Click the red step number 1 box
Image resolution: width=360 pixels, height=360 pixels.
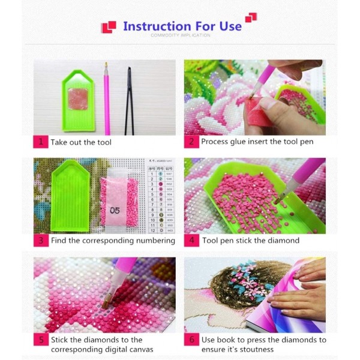[x=40, y=142]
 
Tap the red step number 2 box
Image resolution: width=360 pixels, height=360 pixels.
[x=191, y=142]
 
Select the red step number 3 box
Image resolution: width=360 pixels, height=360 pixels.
[x=40, y=240]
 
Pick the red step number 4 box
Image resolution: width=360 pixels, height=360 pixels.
[x=191, y=240]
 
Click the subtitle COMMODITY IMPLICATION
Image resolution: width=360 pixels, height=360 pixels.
[x=180, y=36]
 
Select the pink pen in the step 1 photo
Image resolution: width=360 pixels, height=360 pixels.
[x=107, y=99]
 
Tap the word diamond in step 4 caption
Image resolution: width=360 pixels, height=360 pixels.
[x=284, y=241]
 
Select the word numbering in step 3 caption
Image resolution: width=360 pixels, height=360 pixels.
[x=155, y=241]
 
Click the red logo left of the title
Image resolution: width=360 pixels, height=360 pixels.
[x=109, y=26]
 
